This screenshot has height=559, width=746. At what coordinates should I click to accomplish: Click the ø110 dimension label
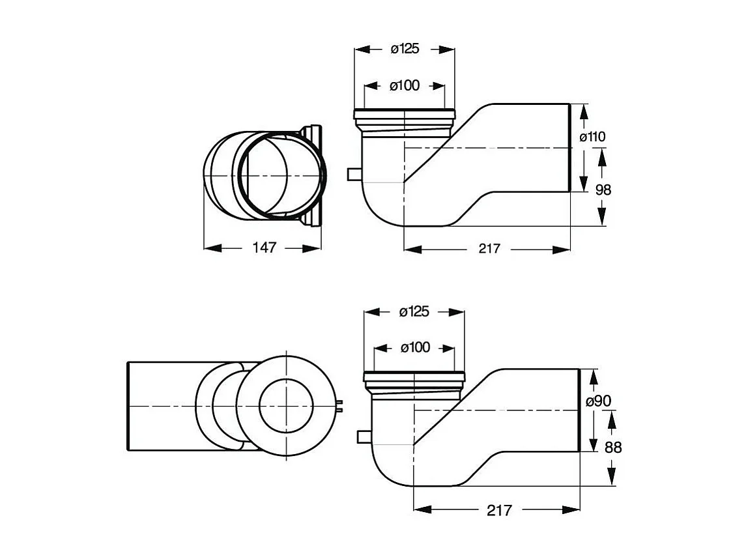(x=593, y=137)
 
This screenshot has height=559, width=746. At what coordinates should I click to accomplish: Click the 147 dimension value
(x=265, y=248)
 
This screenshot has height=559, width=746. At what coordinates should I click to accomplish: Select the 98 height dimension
(x=604, y=189)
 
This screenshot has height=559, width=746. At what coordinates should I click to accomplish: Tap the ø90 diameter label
(x=598, y=401)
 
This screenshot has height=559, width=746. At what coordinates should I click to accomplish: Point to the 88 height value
(x=613, y=448)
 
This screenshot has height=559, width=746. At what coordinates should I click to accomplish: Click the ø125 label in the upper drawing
(x=405, y=49)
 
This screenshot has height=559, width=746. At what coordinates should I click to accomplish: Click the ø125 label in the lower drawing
(x=414, y=312)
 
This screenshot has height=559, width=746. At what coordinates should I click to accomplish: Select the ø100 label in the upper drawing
(x=405, y=85)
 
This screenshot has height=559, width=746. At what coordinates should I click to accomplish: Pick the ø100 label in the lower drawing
(x=414, y=348)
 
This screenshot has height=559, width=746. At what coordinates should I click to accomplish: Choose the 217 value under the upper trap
(x=489, y=248)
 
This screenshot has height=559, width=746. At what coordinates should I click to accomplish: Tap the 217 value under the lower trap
(x=499, y=510)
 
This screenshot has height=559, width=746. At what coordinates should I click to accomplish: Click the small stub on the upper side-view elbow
(x=352, y=175)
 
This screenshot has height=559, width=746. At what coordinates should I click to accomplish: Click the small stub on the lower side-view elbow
(x=363, y=436)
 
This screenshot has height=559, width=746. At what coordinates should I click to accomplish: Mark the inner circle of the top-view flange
(x=287, y=407)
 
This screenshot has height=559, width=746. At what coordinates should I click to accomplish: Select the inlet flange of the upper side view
(x=404, y=116)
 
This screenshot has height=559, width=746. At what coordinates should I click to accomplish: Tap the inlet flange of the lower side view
(x=414, y=377)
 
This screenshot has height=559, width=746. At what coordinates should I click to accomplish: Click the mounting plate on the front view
(x=315, y=176)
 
